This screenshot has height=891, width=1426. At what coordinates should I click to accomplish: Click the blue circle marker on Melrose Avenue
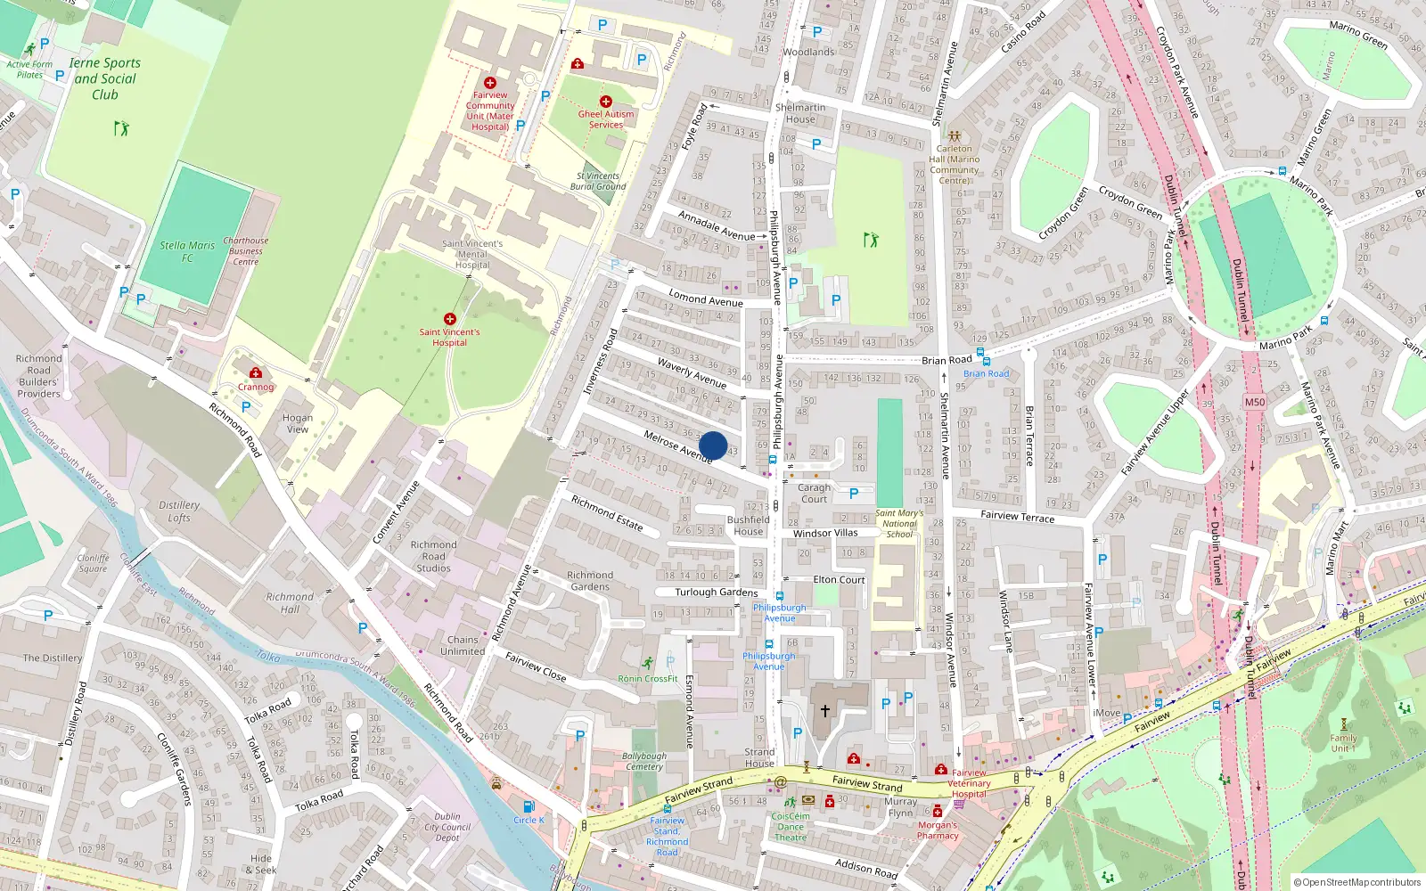[x=713, y=445]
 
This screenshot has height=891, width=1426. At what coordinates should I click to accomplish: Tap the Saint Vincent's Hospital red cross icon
[x=450, y=319]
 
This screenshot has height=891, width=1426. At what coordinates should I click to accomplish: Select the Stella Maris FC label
[x=187, y=251]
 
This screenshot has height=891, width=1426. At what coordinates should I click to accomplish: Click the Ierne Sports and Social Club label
[x=105, y=78]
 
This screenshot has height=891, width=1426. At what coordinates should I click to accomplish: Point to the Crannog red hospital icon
[x=256, y=373]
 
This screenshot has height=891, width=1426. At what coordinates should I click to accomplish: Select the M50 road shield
[x=1254, y=402]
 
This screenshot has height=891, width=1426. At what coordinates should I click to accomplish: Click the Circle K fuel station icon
[x=529, y=806]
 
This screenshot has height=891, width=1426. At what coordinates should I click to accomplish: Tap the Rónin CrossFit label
[x=648, y=679]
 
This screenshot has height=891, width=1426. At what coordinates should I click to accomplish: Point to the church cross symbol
[x=825, y=711]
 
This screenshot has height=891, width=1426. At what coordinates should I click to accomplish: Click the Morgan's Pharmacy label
[x=938, y=830]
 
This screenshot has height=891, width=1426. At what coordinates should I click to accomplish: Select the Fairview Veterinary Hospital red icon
[x=940, y=769]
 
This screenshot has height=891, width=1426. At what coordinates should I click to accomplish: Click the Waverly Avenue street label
[x=692, y=372]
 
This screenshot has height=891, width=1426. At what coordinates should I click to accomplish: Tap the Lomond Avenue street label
[x=706, y=299]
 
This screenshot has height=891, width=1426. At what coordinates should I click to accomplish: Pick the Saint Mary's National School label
[x=899, y=523]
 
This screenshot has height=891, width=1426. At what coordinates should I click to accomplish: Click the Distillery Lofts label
[x=179, y=511]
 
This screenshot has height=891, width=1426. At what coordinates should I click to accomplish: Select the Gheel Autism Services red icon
[x=606, y=102]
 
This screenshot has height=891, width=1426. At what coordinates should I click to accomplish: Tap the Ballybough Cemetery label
[x=644, y=761]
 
